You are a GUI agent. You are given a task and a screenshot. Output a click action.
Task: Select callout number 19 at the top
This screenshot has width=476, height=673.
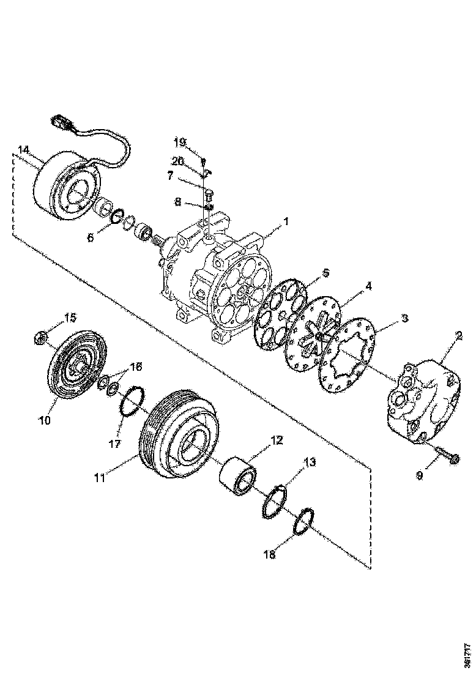[179, 143]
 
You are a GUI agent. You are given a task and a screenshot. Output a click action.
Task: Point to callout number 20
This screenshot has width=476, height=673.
[177, 162]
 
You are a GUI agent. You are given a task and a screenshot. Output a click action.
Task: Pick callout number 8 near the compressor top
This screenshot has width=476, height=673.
[177, 201]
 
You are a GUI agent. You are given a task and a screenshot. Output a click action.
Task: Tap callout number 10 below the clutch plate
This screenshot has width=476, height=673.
[45, 420]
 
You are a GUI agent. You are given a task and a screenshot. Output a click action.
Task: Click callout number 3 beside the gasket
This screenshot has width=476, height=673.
[404, 319]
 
